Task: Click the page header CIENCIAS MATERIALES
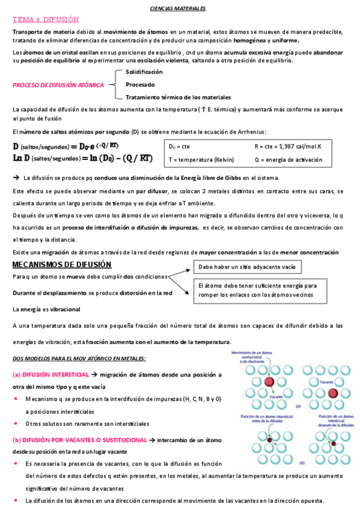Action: click(177, 9)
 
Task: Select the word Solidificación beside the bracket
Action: click(144, 72)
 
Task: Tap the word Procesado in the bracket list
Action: click(140, 85)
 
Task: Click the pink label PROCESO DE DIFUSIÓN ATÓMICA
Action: click(58, 85)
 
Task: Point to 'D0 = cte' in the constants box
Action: click(180, 146)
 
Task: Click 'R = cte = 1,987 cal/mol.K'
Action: click(288, 146)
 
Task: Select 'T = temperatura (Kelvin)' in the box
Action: click(201, 160)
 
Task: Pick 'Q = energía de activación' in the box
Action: click(288, 160)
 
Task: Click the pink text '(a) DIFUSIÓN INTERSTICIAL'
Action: click(46, 374)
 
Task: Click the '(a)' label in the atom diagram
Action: click(298, 406)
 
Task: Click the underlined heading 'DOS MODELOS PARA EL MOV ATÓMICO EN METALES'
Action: click(79, 359)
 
